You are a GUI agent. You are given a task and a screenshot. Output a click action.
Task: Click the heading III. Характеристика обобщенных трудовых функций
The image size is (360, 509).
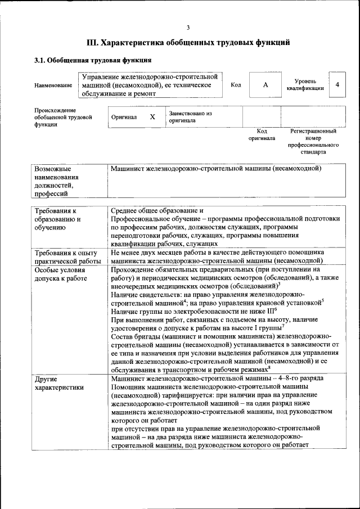tap(188, 42)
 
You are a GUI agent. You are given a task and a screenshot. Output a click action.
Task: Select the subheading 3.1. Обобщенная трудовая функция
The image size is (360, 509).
tap(92, 60)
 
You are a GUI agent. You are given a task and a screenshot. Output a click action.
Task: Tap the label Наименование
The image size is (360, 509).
tap(53, 85)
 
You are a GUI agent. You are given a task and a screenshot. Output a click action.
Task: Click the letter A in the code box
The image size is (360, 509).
tap(265, 85)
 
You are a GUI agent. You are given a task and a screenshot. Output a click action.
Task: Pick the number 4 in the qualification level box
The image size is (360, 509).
tap(337, 84)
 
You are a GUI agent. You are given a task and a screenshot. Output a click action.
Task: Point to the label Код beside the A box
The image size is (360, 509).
tap(236, 85)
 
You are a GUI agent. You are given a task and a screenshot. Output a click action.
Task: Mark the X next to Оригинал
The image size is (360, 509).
tap(152, 117)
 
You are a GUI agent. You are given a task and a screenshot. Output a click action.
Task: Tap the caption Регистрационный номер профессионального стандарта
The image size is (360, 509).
tap(313, 141)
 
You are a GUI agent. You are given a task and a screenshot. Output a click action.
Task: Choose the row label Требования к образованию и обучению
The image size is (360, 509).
tap(57, 219)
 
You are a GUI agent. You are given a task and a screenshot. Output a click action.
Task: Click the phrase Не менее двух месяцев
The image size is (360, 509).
tap(149, 253)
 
